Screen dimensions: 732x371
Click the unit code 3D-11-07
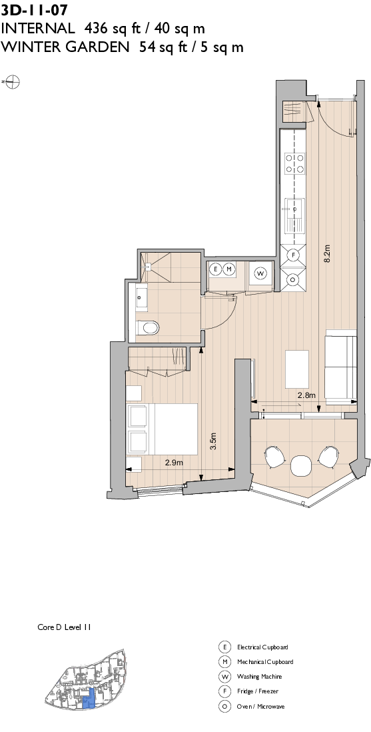click(x=34, y=10)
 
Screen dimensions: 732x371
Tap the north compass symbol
click(x=12, y=82)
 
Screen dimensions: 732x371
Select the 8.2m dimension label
click(x=327, y=253)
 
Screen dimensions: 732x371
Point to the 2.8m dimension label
click(x=306, y=395)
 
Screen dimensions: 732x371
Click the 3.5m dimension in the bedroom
click(x=213, y=442)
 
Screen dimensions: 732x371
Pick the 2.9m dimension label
click(x=174, y=461)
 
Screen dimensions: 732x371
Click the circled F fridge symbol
click(x=292, y=254)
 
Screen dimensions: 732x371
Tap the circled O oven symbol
click(x=292, y=280)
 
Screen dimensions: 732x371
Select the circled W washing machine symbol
click(x=260, y=273)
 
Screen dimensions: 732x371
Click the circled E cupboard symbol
click(x=215, y=269)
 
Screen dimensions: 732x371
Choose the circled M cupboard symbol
click(x=228, y=269)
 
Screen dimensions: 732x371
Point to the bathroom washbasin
click(x=141, y=298)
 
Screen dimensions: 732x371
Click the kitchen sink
click(x=294, y=215)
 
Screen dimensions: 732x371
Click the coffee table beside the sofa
click(x=297, y=368)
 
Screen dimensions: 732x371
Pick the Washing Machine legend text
click(x=259, y=677)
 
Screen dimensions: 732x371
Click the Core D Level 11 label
click(x=64, y=627)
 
